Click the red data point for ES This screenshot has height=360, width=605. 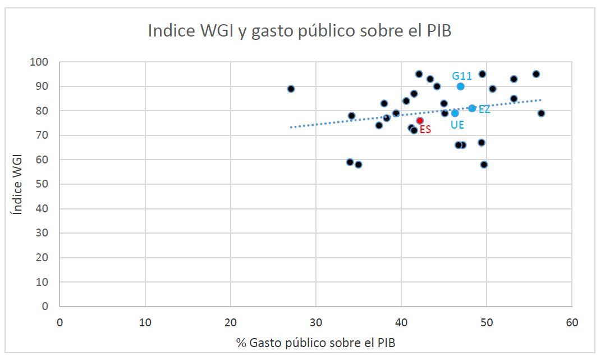pos(420,120)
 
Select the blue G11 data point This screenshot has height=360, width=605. pos(460,86)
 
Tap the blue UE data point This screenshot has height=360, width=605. pos(455,113)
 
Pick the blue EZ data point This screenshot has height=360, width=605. pos(472,108)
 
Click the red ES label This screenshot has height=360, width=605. pos(425,130)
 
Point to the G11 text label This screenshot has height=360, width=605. pos(462,75)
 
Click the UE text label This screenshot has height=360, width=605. pos(457,125)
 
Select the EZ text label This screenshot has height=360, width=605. pos(484,110)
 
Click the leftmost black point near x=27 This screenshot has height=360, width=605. pos(291,89)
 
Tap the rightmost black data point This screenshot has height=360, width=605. pos(541,113)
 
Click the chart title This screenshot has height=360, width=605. pos(300,30)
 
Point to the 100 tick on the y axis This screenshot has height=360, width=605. pos(41,62)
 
